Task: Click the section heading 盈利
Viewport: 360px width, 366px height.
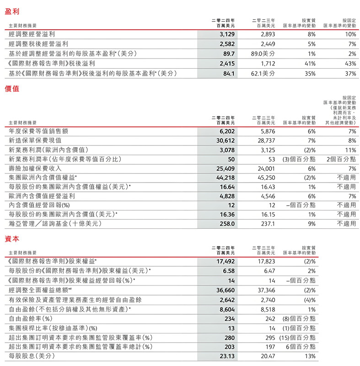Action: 13,10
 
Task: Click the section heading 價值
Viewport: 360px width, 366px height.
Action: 13,89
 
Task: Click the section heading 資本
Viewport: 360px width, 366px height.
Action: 13,239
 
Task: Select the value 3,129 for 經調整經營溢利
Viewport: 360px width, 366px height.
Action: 227,34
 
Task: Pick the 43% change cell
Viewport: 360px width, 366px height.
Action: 350,63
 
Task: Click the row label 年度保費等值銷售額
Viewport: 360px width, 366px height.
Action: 38,131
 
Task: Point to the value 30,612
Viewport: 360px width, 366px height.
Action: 225,140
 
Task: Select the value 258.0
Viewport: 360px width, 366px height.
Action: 227,224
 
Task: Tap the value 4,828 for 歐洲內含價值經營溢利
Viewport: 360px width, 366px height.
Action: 227,196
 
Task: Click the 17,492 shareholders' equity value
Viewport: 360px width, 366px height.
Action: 225,261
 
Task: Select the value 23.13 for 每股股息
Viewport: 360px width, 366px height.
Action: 226,355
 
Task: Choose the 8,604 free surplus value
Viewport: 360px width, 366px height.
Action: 227,309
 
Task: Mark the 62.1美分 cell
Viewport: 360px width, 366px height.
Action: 261,73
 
